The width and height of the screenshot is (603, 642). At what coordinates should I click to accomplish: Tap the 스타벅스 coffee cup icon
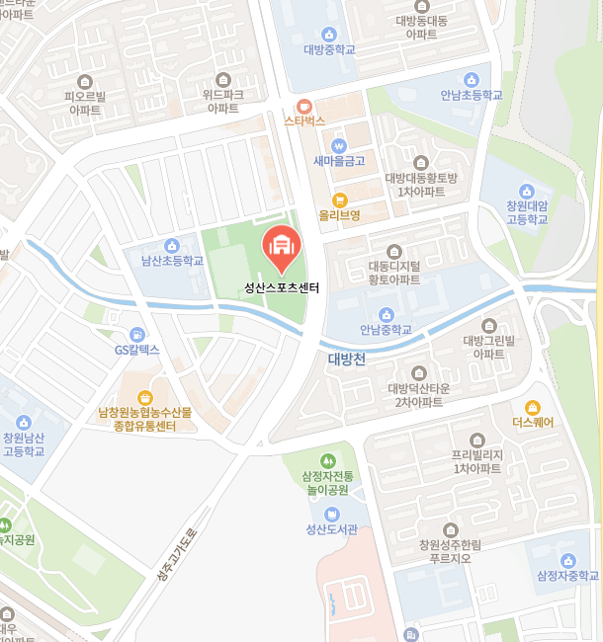(304, 106)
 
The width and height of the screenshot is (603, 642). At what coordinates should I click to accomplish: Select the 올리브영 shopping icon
(339, 200)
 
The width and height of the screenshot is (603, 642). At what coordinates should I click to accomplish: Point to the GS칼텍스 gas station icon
(136, 335)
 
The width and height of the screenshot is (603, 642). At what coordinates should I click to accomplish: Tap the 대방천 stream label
(347, 360)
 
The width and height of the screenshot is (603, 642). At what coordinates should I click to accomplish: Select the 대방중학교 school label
(329, 49)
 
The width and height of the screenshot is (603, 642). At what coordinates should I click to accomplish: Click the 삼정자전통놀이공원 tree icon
(327, 460)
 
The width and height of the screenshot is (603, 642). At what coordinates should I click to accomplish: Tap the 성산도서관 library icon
(331, 515)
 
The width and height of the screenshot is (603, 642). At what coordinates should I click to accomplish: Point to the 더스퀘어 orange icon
(533, 407)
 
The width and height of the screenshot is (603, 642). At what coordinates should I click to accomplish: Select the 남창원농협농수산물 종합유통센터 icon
(144, 396)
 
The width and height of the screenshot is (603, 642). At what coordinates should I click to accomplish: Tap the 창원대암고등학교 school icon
(526, 191)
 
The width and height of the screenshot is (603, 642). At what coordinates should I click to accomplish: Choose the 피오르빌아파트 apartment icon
(85, 81)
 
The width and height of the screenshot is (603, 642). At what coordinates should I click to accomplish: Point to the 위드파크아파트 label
(222, 101)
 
